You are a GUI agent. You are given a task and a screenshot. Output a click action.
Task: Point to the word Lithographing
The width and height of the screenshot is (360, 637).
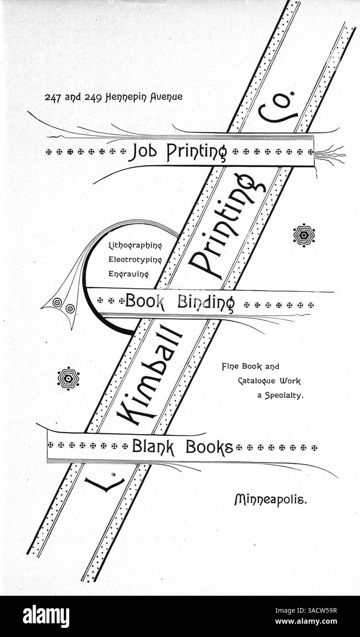[135, 246]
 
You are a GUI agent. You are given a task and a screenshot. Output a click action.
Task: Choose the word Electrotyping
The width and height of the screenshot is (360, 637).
[135, 260]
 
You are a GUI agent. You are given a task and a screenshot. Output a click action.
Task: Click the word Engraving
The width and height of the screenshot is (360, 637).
[128, 274]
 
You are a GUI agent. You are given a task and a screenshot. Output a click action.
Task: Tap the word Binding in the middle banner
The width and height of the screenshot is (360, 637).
[207, 303]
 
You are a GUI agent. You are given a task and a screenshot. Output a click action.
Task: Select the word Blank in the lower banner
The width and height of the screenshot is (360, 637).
[153, 447]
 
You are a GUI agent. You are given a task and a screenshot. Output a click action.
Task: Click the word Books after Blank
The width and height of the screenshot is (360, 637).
[210, 447]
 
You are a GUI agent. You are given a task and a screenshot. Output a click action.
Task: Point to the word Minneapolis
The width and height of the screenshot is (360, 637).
[271, 500]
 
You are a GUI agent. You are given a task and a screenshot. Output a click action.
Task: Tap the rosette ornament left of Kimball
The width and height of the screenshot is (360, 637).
[68, 379]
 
